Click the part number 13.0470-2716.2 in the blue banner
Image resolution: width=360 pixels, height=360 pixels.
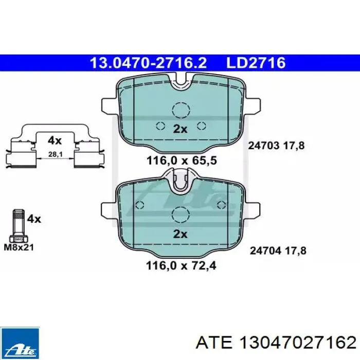tap(148, 63)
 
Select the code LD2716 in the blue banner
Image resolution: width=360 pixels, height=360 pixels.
tap(256, 63)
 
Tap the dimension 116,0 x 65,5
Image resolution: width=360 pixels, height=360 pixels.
tap(182, 160)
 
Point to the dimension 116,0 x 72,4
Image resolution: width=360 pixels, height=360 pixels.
tap(181, 266)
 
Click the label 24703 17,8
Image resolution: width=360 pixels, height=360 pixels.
tap(276, 146)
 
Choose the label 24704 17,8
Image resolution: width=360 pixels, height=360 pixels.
tap(278, 250)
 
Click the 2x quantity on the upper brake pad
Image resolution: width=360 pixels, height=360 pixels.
tap(180, 129)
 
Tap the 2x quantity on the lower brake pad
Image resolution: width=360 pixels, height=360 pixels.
tap(180, 234)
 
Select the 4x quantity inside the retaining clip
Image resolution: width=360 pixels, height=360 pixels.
tap(55, 140)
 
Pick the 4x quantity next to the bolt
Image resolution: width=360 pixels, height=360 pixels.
tap(34, 219)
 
